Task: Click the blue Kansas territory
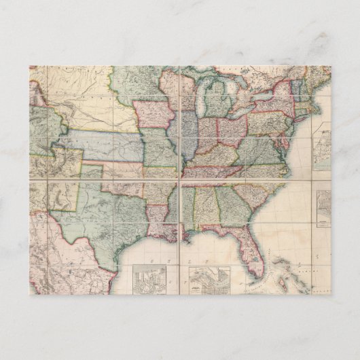[102, 144]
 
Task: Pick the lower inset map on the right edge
[324, 207]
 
